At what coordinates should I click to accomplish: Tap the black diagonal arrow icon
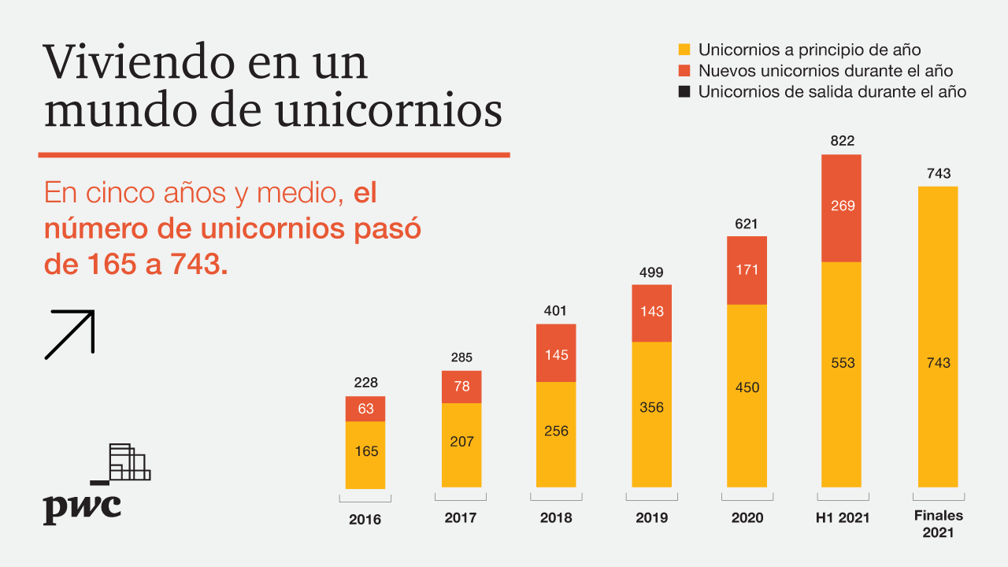[70, 334]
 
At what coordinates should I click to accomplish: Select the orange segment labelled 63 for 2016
[365, 409]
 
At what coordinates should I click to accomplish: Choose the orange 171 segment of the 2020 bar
[747, 270]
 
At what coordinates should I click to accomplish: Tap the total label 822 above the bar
[842, 142]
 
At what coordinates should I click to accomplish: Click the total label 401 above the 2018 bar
[555, 311]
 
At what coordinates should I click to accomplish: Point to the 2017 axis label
[461, 518]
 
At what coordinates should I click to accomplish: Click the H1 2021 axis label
[842, 518]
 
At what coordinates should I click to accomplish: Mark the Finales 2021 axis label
[938, 524]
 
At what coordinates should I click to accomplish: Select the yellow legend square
[684, 50]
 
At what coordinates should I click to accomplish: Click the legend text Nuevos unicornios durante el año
[825, 71]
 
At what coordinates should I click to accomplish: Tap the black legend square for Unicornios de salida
[684, 91]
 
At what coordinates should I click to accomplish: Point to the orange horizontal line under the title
[274, 154]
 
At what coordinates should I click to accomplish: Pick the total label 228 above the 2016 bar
[365, 383]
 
